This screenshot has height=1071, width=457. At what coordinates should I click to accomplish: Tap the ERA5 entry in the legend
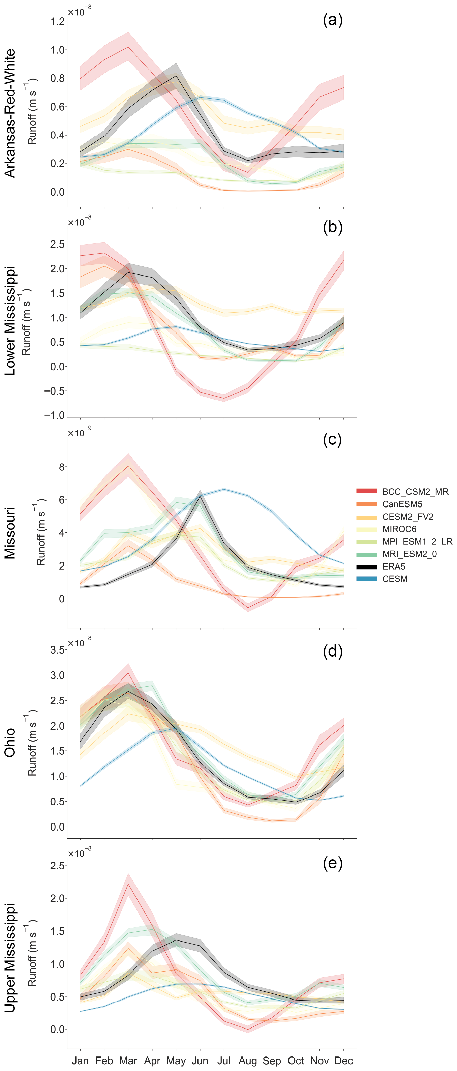393,566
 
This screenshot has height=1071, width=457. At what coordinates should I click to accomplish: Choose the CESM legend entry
395,579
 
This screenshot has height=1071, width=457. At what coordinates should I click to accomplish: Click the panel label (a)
332,20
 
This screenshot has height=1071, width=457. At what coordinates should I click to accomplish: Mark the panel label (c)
332,439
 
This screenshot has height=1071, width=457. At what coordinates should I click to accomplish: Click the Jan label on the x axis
80,1060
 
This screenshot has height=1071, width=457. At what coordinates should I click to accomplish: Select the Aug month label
248,1060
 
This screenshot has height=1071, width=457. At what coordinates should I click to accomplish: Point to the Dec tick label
343,1060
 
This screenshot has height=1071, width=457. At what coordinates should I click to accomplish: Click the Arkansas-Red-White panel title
10,113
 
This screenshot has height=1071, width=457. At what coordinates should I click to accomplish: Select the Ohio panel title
10,743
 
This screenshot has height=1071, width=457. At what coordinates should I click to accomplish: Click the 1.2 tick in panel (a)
57,21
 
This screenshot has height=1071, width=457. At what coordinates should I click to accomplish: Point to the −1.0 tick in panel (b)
54,415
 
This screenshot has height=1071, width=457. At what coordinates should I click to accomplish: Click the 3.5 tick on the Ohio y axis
57,650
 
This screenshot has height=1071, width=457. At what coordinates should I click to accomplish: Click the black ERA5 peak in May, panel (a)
176,76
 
